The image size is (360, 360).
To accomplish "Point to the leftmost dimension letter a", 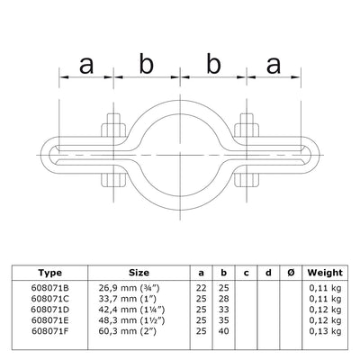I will coord(86,66).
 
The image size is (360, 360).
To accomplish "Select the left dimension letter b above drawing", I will coord(145,66).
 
